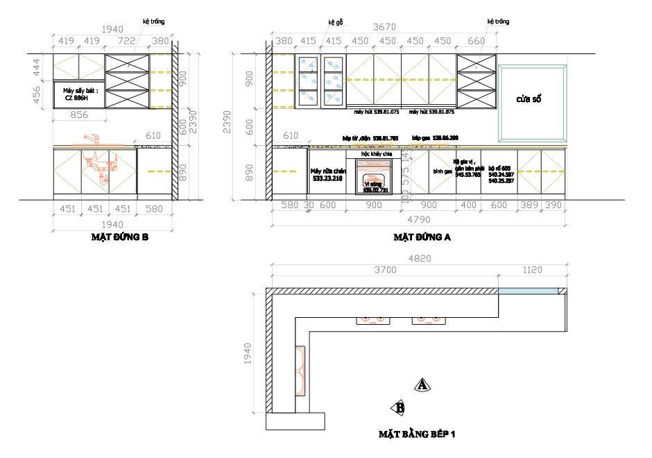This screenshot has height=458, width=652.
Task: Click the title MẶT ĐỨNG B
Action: tap(120, 237)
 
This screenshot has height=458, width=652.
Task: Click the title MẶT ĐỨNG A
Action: tap(422, 237)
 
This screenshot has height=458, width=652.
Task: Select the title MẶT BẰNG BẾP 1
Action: tap(416, 435)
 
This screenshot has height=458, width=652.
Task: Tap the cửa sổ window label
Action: tap(529, 99)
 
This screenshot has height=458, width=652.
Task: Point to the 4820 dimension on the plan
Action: tap(419, 260)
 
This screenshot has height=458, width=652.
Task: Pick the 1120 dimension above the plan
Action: tap(532, 270)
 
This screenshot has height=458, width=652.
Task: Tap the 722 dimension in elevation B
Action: tap(127, 41)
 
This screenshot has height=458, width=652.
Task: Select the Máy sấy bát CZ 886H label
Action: tap(80, 94)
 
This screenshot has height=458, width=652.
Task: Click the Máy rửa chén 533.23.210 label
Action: tap(327, 174)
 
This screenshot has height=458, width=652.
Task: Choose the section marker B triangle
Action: tap(398, 407)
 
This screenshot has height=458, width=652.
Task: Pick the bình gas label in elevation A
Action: tap(443, 171)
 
